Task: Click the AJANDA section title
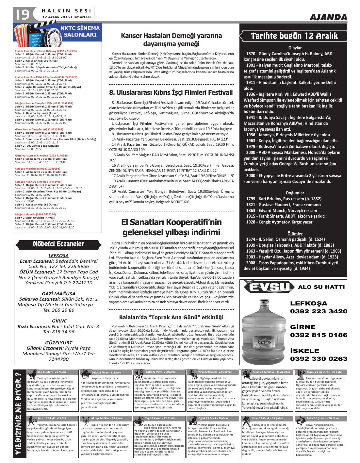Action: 328,17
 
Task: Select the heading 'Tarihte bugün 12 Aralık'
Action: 294,36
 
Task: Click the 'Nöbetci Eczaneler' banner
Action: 58,244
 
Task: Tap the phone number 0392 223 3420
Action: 319,311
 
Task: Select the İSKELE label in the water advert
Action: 304,351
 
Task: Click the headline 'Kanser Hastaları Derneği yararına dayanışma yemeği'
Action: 171,40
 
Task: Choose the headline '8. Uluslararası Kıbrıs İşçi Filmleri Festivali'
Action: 171,92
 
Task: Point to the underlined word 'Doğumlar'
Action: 295,193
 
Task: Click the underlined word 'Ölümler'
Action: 295,234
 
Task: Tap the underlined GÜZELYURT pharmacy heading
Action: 58,343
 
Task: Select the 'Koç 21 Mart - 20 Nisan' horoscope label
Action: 51,372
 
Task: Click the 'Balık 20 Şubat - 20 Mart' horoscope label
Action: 322,418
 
